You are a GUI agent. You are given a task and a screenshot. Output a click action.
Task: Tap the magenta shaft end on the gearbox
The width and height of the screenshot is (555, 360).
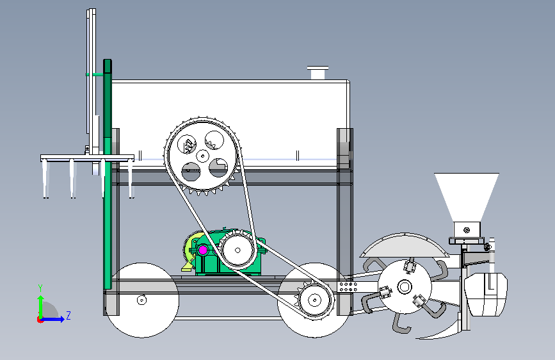tap(203, 249)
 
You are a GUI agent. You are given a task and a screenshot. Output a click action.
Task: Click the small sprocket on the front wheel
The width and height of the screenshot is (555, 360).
tap(314, 299)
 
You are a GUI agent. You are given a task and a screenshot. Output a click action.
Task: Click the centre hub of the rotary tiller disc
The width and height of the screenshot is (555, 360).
tap(404, 288)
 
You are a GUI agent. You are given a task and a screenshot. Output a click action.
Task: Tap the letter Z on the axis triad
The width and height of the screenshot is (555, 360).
tap(68, 315)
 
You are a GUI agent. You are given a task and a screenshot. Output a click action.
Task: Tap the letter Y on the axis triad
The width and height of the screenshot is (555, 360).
tap(40, 288)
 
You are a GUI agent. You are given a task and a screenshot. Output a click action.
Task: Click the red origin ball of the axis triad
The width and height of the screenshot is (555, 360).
tap(40, 319)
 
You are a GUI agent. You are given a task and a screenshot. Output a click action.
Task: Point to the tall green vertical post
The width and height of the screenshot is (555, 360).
tap(108, 179)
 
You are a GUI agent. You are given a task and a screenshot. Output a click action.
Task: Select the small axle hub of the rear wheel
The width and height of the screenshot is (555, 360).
tap(141, 299)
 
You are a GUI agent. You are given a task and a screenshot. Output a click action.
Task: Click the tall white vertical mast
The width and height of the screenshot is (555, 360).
tap(90, 77)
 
